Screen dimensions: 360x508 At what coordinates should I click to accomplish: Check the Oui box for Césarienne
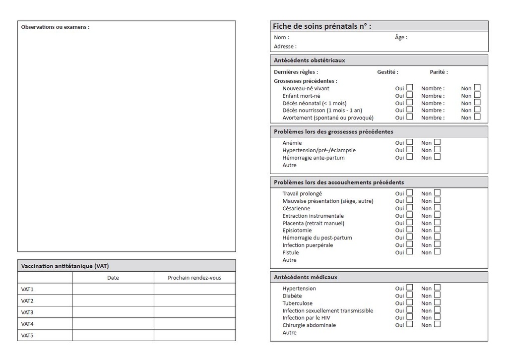click(410, 207)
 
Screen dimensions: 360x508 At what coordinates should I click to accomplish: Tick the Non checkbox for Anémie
click(437, 142)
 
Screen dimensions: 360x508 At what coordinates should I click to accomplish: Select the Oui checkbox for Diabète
click(410, 295)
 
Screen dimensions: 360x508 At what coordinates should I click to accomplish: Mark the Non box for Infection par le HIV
click(437, 317)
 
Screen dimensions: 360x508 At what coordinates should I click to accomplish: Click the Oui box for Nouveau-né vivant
click(410, 87)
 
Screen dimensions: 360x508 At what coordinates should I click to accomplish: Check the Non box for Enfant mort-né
click(477, 95)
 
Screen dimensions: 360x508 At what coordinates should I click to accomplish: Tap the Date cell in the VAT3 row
click(113, 312)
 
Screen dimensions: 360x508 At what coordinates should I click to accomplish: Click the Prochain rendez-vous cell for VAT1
click(194, 289)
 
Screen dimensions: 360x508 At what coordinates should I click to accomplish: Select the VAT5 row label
click(27, 336)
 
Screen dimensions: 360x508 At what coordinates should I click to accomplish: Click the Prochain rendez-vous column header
click(194, 278)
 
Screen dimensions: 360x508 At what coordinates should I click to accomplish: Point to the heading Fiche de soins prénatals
click(321, 26)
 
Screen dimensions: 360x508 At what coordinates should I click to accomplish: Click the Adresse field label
click(285, 47)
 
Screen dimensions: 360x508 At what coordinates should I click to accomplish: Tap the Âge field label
click(401, 37)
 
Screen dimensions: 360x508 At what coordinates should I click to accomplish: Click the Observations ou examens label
click(55, 27)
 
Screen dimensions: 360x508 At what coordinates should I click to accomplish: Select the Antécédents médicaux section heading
click(305, 277)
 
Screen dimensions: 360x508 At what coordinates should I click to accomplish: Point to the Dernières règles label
click(296, 72)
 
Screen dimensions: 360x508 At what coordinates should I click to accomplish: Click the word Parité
click(439, 72)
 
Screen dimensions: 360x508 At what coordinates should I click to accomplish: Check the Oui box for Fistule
click(410, 251)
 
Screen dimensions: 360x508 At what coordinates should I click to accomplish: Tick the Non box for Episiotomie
click(437, 229)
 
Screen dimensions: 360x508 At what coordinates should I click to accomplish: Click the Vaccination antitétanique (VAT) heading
click(65, 266)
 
